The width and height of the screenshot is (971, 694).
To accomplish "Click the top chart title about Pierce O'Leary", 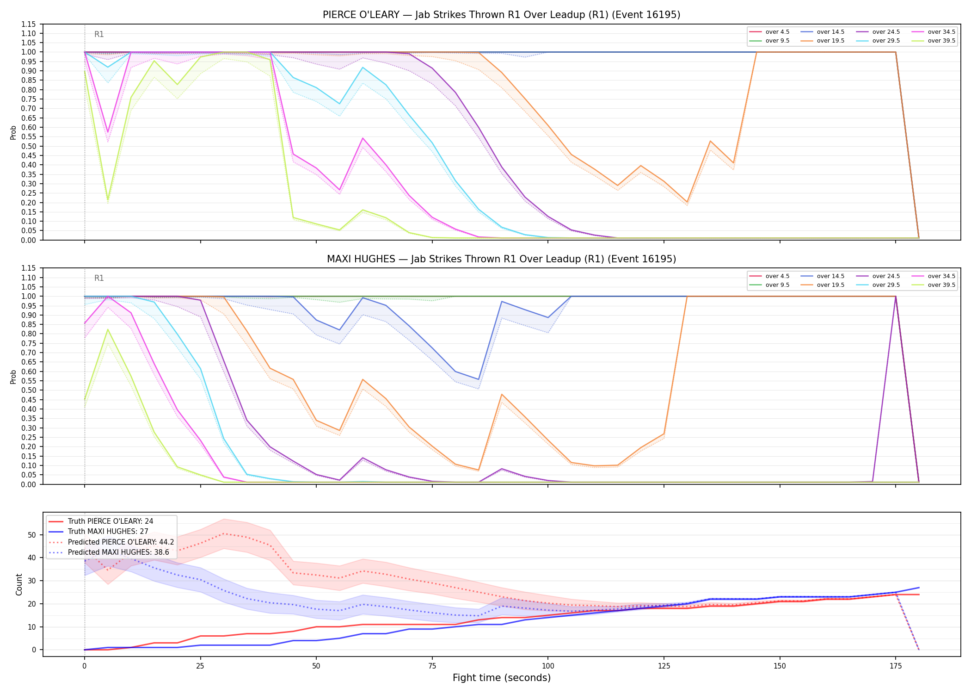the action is click(x=501, y=15).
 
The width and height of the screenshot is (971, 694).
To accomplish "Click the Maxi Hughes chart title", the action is click(x=501, y=259).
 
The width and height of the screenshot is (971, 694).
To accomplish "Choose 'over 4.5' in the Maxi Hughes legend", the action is click(x=771, y=276).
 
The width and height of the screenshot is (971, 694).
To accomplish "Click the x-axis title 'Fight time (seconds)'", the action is click(x=502, y=678).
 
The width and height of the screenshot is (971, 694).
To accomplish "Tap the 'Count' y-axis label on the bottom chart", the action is click(x=19, y=584).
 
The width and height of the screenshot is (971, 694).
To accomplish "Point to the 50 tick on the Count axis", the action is click(x=32, y=535).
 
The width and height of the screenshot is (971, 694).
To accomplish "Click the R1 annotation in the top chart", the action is click(x=99, y=34).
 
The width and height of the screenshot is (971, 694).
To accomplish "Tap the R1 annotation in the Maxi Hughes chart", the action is click(x=99, y=278).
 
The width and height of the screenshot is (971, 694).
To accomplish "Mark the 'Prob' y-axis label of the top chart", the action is click(x=13, y=133).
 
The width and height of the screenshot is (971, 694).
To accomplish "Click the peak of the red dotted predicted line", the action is click(x=224, y=533).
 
